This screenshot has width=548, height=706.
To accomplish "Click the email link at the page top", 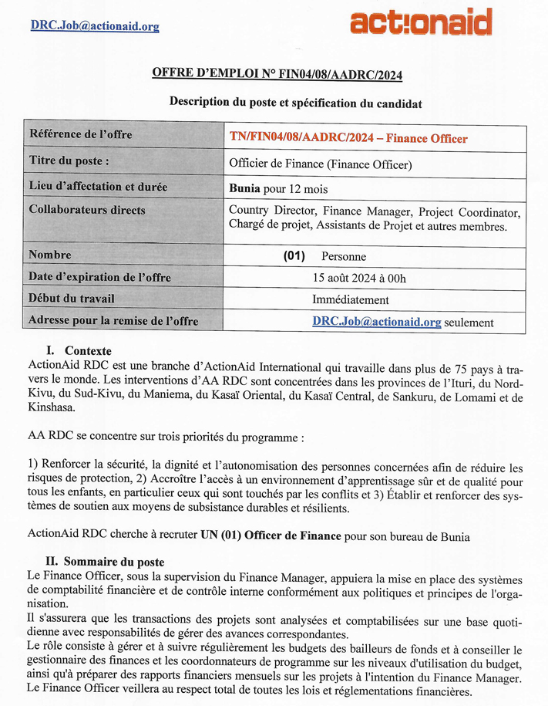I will [x=95, y=26].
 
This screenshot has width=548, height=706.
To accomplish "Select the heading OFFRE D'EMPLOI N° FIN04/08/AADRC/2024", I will [x=277, y=74].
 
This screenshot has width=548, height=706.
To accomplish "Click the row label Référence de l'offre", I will [x=80, y=135].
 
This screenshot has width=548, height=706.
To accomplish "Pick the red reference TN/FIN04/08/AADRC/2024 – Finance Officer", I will [x=348, y=139].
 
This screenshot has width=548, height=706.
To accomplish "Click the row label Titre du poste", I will [x=69, y=160].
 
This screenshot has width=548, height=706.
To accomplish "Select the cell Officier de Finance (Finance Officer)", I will [x=321, y=164].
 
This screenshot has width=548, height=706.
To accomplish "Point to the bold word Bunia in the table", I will [x=244, y=187].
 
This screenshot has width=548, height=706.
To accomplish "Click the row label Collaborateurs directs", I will [x=87, y=209].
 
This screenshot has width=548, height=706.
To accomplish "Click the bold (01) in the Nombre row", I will [x=294, y=255].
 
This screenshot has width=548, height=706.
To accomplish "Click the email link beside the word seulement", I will [x=377, y=322].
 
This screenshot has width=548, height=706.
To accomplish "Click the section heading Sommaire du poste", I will [x=114, y=562].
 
